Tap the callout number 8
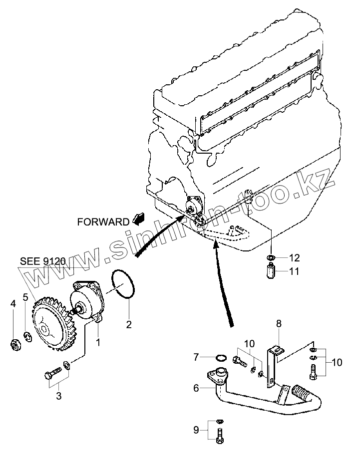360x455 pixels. pos(279,324)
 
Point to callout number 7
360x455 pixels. pos(197,357)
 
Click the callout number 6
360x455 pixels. pos(196,388)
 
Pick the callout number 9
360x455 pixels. pos(196,429)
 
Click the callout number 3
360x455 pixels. pos(59,397)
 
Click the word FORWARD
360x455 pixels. pos(103,222)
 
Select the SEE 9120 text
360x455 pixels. pos(43,261)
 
